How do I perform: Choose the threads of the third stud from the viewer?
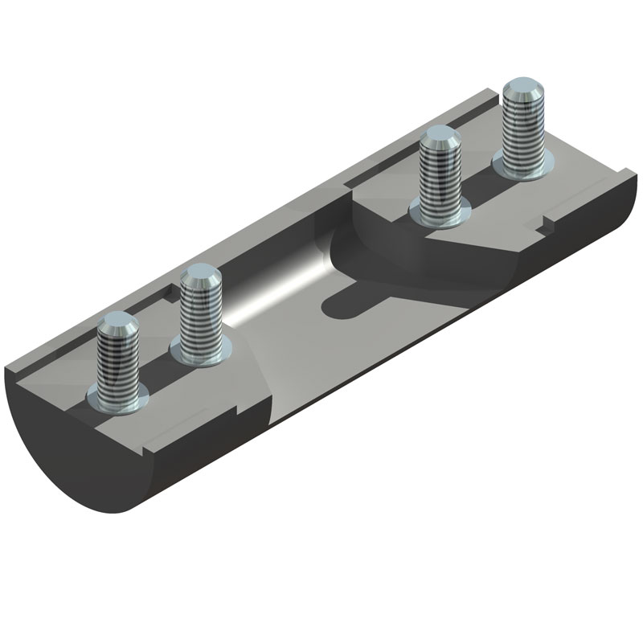[x=441, y=177]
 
